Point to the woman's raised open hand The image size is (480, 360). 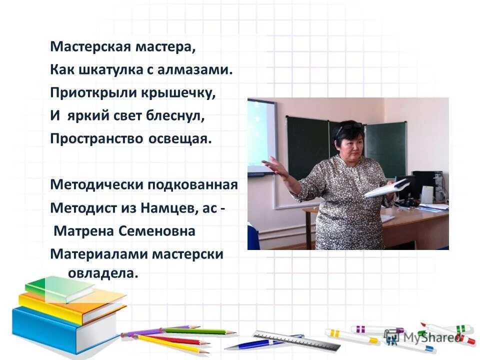[273, 166]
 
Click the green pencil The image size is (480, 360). [200, 330]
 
